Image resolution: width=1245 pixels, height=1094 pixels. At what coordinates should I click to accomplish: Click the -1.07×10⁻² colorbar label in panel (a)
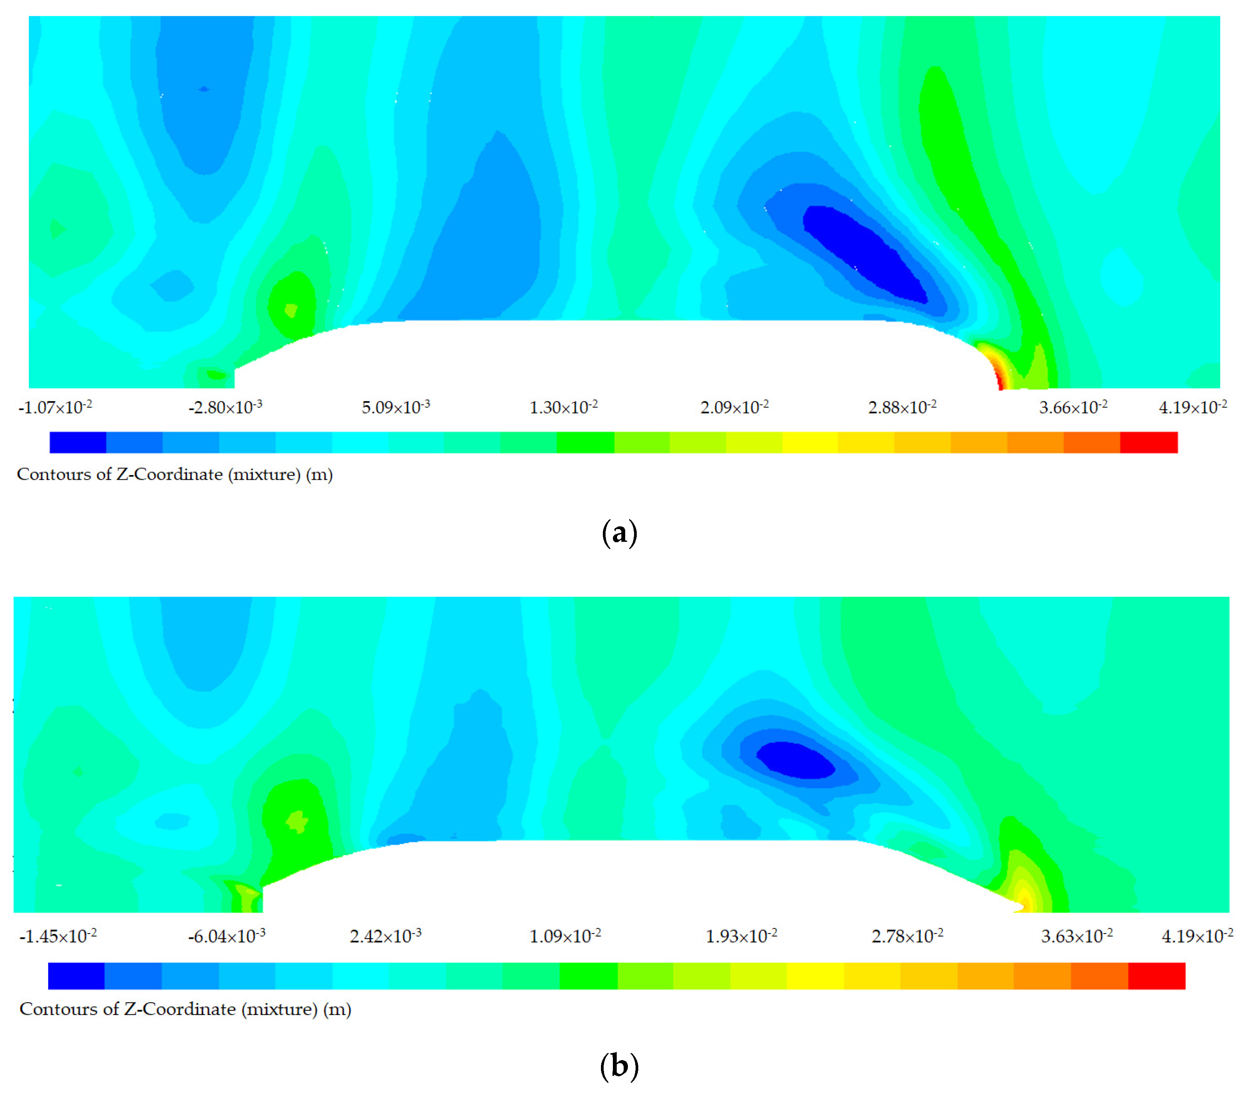pyautogui.click(x=55, y=407)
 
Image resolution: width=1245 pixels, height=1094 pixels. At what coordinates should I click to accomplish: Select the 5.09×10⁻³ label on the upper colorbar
pyautogui.click(x=396, y=407)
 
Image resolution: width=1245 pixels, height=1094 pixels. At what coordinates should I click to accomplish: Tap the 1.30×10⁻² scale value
pyautogui.click(x=564, y=407)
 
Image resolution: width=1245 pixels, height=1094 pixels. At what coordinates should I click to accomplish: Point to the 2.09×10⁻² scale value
pyautogui.click(x=734, y=407)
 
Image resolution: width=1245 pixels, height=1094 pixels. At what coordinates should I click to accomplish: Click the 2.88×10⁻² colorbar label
pyautogui.click(x=902, y=407)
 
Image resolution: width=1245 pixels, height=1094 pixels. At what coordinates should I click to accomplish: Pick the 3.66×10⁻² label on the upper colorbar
pyautogui.click(x=1073, y=407)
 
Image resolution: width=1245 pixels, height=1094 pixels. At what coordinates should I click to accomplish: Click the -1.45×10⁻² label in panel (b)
pyautogui.click(x=58, y=936)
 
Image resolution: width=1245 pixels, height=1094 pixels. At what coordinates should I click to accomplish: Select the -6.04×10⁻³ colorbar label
pyautogui.click(x=227, y=936)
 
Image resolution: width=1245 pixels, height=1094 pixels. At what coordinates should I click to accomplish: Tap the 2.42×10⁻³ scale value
pyautogui.click(x=386, y=936)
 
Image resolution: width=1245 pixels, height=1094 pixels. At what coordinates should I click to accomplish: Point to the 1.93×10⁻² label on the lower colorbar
pyautogui.click(x=741, y=936)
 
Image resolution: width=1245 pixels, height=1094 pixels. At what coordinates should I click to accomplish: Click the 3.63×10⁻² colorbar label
pyautogui.click(x=1077, y=936)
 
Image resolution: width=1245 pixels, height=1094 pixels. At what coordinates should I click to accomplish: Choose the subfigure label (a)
pyautogui.click(x=619, y=533)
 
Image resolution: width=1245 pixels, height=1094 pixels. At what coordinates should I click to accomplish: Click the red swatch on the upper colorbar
pyautogui.click(x=1149, y=442)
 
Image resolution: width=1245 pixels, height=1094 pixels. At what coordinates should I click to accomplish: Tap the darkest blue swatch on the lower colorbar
pyautogui.click(x=76, y=976)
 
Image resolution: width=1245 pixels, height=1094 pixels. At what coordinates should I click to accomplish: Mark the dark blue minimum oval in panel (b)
pyautogui.click(x=795, y=760)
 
